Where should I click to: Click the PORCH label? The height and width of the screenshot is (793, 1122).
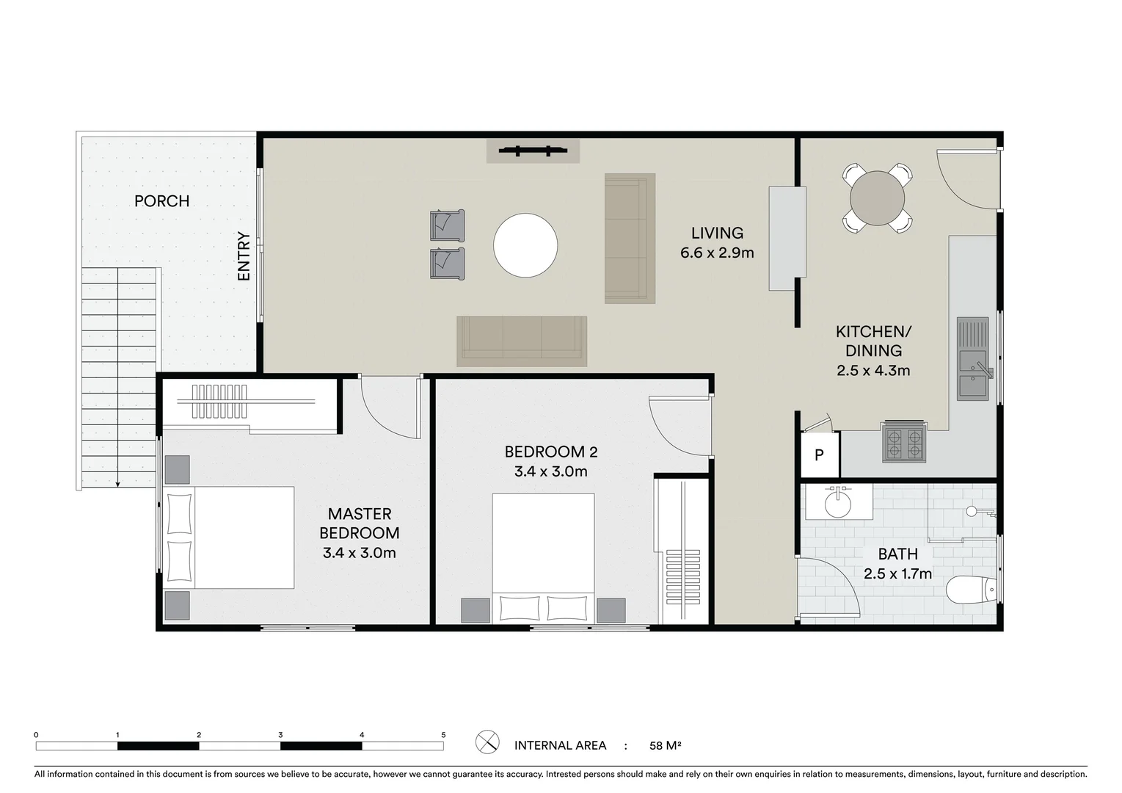click(x=161, y=201)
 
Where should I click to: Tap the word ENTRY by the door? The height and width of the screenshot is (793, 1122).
click(x=244, y=256)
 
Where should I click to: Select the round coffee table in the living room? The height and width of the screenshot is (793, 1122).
click(x=525, y=245)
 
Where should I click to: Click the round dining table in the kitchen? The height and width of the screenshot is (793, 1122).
click(x=877, y=198)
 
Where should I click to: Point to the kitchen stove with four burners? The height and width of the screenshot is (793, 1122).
click(x=904, y=443)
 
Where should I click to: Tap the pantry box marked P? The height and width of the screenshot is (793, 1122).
click(x=819, y=455)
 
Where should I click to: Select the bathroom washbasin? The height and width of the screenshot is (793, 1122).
click(x=837, y=504)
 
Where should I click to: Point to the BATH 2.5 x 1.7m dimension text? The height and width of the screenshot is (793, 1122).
click(x=897, y=573)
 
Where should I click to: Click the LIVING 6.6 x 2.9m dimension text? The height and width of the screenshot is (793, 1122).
click(x=717, y=253)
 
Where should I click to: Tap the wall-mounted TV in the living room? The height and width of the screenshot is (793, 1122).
click(x=533, y=151)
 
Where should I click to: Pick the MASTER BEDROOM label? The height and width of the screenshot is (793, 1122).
click(x=360, y=524)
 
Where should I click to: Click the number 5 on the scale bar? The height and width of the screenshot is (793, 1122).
click(x=443, y=734)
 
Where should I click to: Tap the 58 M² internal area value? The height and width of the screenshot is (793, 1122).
click(x=665, y=746)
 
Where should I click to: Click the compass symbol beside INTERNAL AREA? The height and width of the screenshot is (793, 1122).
click(x=487, y=742)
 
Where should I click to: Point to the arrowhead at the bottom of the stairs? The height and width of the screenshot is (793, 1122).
click(x=117, y=484)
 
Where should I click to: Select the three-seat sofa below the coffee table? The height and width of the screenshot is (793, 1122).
click(x=522, y=340)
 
